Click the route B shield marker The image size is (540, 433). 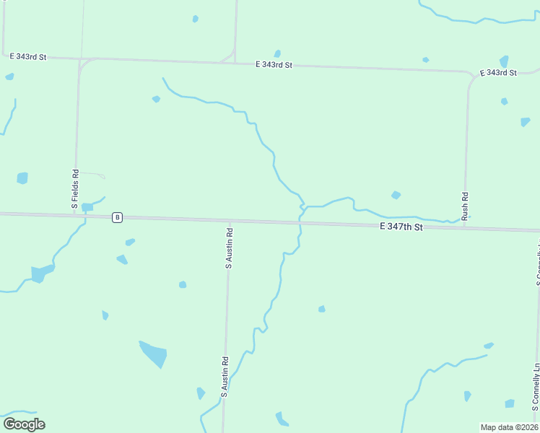point(117,217)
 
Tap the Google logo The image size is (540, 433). point(24,424)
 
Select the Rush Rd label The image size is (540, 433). point(465,206)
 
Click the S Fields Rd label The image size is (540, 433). point(74,189)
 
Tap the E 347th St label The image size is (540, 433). point(401,227)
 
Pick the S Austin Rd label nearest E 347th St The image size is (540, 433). point(229,249)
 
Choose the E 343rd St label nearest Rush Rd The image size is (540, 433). point(498,73)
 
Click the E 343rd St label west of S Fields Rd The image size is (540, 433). point(28,56)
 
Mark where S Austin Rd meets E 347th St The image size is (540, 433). point(230,221)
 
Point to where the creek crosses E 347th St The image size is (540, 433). point(300,223)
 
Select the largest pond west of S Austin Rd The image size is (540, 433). point(153,354)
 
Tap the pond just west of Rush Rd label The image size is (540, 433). point(396,195)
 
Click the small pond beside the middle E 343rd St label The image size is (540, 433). point(277,53)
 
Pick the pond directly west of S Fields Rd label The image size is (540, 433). point(22,178)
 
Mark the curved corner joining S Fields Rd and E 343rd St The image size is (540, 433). point(82,63)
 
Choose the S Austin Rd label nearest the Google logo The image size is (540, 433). point(225,377)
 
